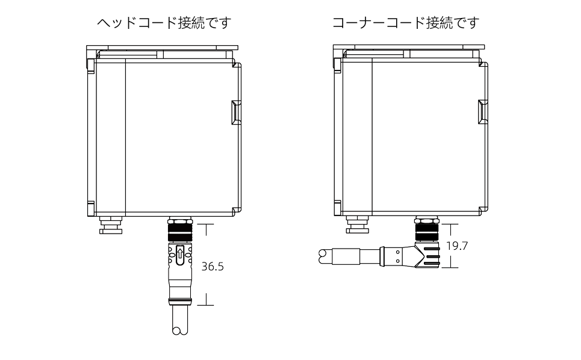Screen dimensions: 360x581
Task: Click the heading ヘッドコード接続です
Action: pos(164,23)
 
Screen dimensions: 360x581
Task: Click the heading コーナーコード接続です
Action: pos(406,23)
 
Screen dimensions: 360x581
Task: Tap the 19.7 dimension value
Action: pos(457,246)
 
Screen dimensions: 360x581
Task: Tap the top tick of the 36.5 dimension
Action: pos(205,225)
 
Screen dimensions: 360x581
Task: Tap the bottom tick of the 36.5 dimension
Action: pos(205,305)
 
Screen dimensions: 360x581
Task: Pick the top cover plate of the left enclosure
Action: pos(162,48)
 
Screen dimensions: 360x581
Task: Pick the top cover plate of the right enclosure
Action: pos(409,48)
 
